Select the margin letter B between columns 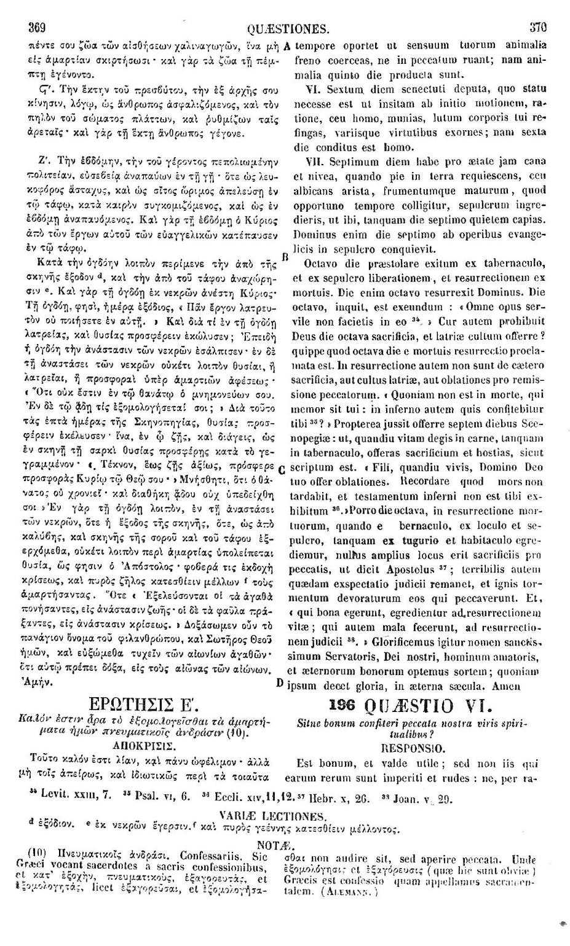[285, 256]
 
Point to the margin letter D [280, 683]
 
